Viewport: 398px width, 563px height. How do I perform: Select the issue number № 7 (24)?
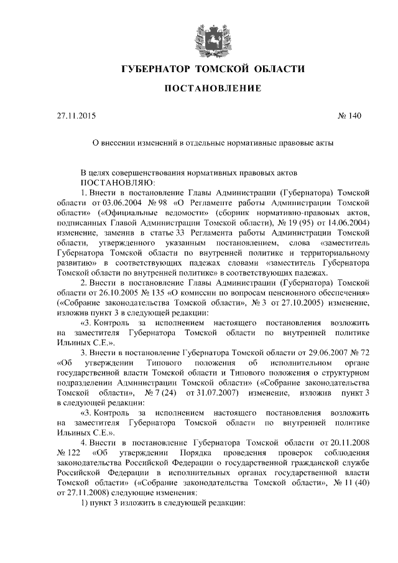[157, 393]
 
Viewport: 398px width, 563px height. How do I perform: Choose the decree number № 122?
[68, 453]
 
